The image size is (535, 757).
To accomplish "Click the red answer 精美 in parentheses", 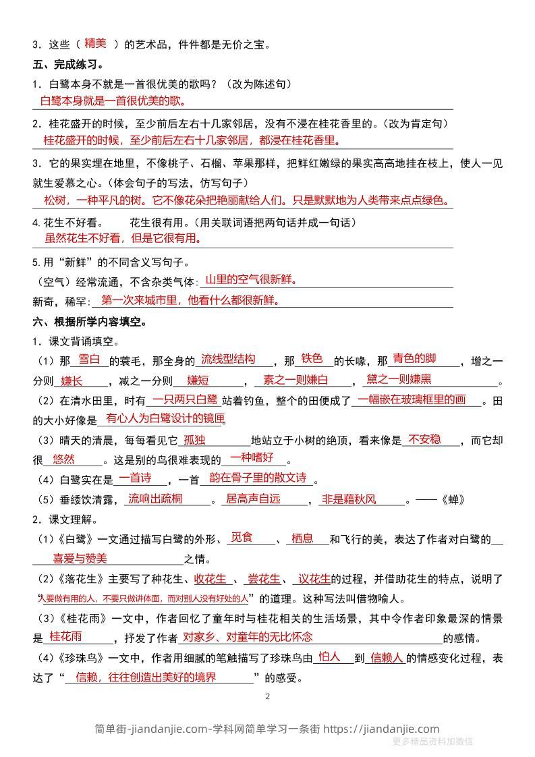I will tap(96, 43).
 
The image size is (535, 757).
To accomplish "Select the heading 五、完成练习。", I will tap(67, 65).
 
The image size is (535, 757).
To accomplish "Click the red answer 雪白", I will tap(89, 358).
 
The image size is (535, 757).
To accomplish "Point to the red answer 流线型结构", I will tap(229, 358).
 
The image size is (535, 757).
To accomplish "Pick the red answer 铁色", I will tap(312, 358).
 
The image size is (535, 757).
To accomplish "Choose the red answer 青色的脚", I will tap(414, 358).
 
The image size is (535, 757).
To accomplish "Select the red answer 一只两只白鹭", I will tap(185, 399).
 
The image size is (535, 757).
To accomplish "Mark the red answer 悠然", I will tap(64, 459).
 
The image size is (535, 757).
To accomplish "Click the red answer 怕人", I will tap(329, 656).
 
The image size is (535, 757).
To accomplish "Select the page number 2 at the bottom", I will tap(267, 696).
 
